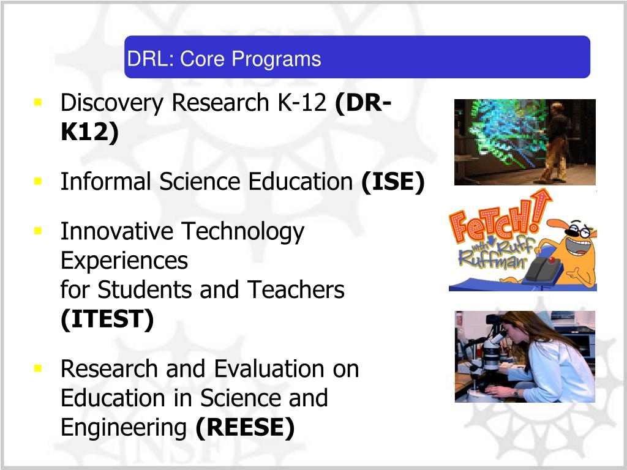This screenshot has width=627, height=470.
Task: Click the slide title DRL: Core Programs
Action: (224, 59)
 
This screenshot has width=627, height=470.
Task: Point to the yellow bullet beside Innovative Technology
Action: (38, 230)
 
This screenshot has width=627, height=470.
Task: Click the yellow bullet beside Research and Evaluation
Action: (38, 368)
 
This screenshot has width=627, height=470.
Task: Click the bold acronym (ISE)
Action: (392, 182)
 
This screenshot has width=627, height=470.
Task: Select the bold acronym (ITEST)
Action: (107, 319)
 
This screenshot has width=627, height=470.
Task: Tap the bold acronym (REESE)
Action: (245, 428)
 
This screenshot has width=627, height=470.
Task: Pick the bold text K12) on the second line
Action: (89, 132)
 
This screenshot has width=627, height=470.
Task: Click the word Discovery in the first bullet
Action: (113, 103)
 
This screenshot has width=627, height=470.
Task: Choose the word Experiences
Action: (124, 261)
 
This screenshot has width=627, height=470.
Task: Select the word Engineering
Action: (124, 428)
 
